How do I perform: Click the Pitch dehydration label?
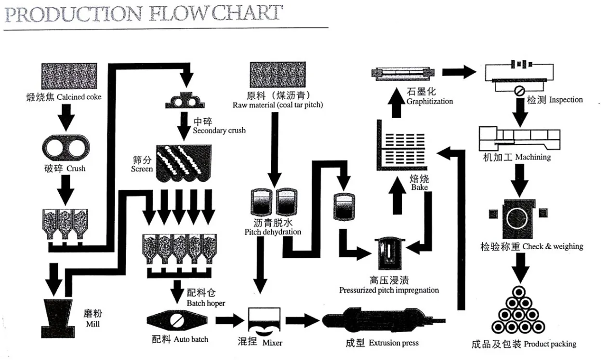coord(273,227)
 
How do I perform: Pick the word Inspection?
coord(566,100)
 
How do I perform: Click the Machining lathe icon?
coord(519,138)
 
